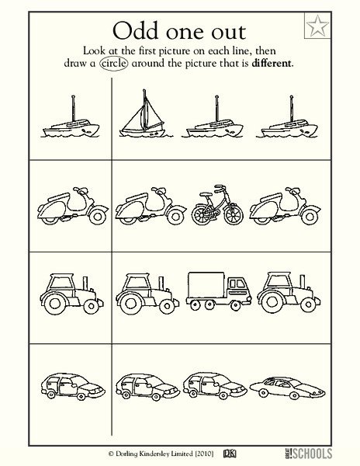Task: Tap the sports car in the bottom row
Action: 284,382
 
